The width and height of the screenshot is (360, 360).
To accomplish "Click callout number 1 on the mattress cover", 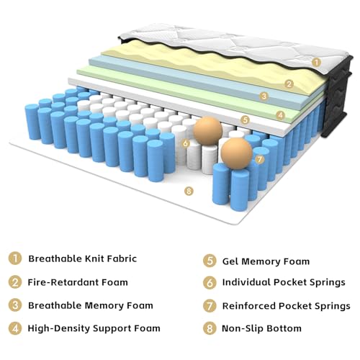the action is pos(317,63).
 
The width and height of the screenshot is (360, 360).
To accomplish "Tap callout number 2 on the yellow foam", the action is pos(289,84).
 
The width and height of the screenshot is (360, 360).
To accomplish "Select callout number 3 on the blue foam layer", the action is pos(264,96).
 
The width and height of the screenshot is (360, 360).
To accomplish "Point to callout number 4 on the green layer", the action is pos(280,115).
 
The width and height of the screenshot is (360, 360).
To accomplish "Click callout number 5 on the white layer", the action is pos(245,120).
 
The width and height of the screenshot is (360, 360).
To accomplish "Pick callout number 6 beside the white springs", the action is pos(186,143).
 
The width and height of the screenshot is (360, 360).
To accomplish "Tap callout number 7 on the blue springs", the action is pos(260,159).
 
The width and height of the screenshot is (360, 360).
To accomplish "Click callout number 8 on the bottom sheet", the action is pos(189,191).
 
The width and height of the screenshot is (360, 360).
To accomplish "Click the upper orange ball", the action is pos(208,131).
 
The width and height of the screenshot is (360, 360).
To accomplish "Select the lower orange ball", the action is pos(237,154).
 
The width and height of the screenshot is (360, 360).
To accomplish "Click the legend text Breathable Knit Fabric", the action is pos(83,258).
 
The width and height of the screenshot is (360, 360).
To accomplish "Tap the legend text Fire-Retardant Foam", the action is pos(78,282).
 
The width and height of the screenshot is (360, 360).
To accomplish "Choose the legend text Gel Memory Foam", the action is pos(266,261).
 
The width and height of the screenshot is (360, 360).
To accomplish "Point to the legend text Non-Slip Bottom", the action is pos(261,328).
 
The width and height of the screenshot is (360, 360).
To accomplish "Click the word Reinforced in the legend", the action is pos(249,306).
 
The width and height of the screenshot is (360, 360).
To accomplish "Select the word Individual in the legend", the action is pos(246,282).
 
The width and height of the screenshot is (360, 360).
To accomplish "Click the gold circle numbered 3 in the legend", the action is pos(15,305).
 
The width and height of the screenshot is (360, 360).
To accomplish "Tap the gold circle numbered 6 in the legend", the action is pos(210,283).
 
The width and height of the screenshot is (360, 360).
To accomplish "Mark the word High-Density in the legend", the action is pos(58,328).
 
